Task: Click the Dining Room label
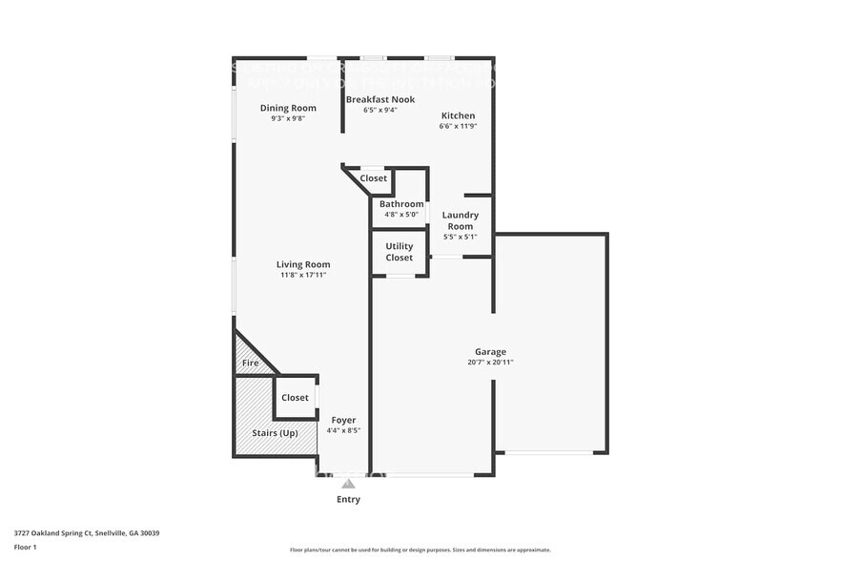288,108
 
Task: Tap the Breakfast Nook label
379,99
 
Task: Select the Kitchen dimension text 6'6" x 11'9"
458,126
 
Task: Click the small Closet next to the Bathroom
373,178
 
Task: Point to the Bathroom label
401,204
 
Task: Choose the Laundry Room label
461,220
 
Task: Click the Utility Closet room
400,252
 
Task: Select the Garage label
491,351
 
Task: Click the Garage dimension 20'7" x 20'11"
491,363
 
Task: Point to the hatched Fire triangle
250,363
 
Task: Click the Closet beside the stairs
295,398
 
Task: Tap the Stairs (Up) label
276,433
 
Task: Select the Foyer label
343,420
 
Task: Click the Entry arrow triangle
348,484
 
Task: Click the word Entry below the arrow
348,499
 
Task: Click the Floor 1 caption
26,547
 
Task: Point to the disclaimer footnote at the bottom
420,550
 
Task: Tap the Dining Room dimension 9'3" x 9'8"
288,118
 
